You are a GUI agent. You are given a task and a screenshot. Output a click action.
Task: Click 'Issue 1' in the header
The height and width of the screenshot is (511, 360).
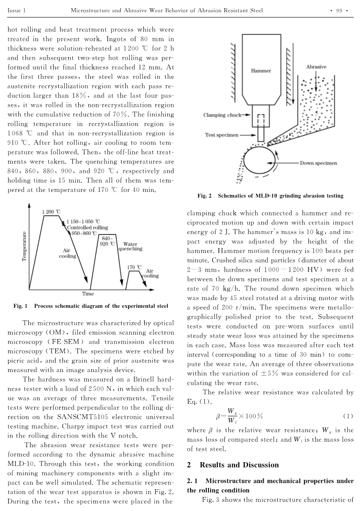pyautogui.click(x=17, y=10)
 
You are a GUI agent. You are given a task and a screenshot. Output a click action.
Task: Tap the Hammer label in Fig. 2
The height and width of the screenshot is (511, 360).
pyautogui.click(x=261, y=71)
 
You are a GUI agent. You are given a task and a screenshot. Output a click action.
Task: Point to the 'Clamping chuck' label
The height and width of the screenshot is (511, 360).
pyautogui.click(x=222, y=115)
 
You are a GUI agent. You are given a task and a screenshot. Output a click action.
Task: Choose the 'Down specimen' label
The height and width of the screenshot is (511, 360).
pyautogui.click(x=318, y=163)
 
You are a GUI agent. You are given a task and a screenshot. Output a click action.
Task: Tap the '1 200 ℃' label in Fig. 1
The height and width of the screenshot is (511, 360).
pyautogui.click(x=51, y=212)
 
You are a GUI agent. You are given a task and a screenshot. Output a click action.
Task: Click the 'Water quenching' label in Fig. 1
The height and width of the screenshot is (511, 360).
pyautogui.click(x=130, y=246)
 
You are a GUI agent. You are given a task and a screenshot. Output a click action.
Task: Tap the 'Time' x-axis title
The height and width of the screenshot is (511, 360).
pyautogui.click(x=88, y=294)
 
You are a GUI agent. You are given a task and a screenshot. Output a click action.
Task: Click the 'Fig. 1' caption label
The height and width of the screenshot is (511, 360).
pyautogui.click(x=21, y=306)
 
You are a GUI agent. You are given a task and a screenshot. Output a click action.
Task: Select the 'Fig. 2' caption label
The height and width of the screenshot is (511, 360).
pyautogui.click(x=205, y=196)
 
